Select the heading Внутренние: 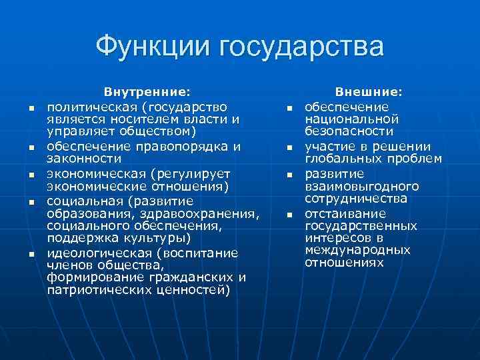click(147, 94)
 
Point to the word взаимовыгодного click(362, 186)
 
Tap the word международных click(357, 250)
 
